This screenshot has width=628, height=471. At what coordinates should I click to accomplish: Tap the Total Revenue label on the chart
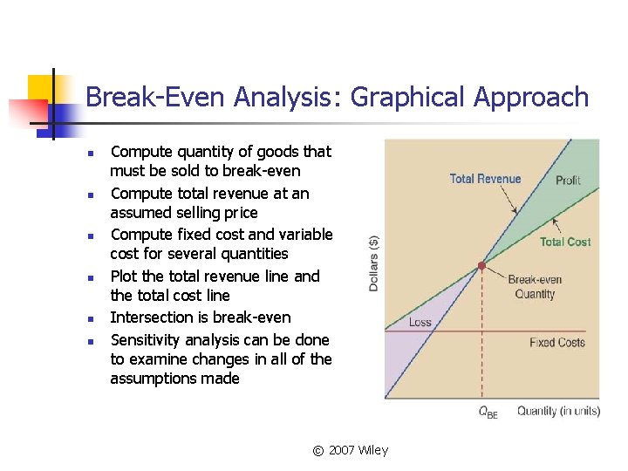485,179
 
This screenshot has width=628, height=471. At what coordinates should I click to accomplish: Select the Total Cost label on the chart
565,242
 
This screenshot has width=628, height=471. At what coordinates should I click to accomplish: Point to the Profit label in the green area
568,180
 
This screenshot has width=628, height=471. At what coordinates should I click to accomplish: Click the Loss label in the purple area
420,322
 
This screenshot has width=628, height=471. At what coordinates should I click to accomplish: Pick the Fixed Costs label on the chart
556,342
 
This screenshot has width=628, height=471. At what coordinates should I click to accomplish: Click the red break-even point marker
481,264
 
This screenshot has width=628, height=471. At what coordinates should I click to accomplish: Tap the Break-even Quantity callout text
535,287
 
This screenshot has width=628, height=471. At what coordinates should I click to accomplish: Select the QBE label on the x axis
488,413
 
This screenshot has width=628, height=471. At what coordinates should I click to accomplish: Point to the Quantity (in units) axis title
558,411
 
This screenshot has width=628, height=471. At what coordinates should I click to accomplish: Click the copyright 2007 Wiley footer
351,450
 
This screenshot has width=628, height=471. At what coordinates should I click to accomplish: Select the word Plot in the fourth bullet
125,276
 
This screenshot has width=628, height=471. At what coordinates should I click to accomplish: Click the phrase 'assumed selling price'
184,213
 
